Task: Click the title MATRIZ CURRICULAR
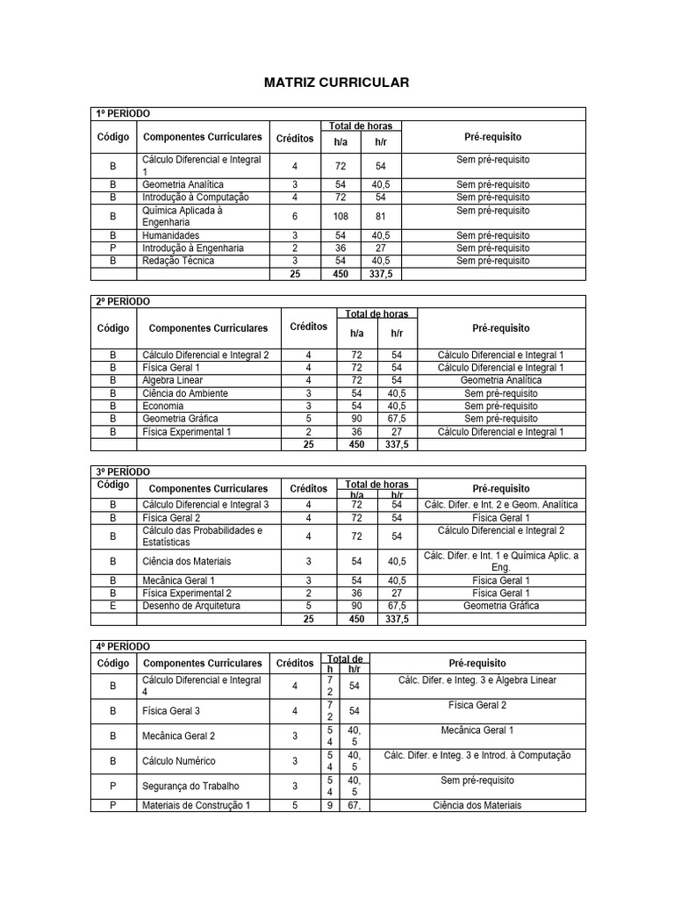(x=337, y=83)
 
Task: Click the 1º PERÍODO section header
(x=122, y=114)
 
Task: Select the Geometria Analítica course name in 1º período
(x=183, y=184)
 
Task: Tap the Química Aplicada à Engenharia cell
(x=183, y=216)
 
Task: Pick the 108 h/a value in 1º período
(x=341, y=216)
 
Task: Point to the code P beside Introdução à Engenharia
(x=113, y=248)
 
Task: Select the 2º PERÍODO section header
(x=122, y=301)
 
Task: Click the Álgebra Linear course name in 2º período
(x=173, y=380)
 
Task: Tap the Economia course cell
(x=163, y=406)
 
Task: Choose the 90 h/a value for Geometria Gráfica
(x=357, y=419)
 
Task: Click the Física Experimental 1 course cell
(x=187, y=432)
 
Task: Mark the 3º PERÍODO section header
(x=122, y=471)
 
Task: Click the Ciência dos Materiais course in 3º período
(x=186, y=561)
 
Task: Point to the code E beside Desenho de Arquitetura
(x=113, y=606)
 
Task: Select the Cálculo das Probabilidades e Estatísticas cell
(x=202, y=536)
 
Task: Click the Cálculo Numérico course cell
(x=178, y=761)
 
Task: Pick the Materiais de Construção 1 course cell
(x=196, y=805)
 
